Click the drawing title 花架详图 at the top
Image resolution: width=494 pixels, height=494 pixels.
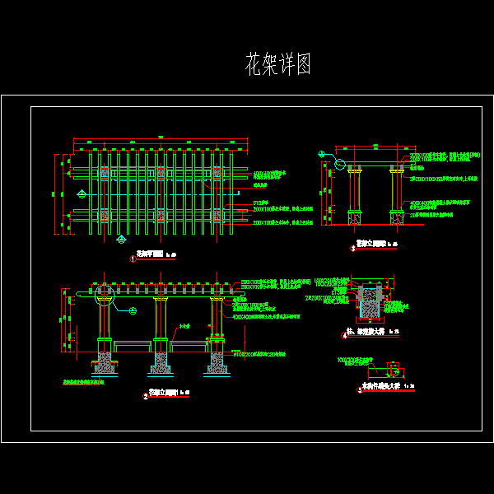click(278, 65)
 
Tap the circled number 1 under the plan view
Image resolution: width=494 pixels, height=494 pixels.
click(133, 259)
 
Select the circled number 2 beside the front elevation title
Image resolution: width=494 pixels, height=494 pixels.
click(146, 396)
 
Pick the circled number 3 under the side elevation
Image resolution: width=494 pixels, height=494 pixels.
click(353, 247)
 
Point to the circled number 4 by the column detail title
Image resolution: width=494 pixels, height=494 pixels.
click(344, 335)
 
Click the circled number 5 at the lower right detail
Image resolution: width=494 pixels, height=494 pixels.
click(360, 390)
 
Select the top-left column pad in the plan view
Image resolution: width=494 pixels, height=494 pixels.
click(105, 173)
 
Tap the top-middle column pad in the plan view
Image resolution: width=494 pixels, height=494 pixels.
click(161, 173)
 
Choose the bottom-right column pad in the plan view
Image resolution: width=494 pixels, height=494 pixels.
click(217, 215)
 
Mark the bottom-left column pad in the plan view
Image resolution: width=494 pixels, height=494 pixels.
click(105, 215)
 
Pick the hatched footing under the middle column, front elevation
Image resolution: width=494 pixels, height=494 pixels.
click(161, 361)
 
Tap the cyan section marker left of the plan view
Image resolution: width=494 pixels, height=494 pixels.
click(82, 193)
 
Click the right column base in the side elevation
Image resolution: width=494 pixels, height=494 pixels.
click(396, 218)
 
